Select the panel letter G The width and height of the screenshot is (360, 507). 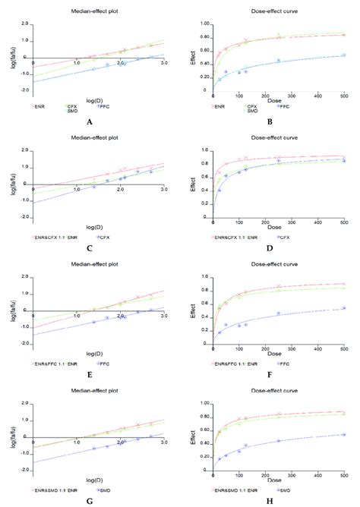(x=90, y=501)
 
